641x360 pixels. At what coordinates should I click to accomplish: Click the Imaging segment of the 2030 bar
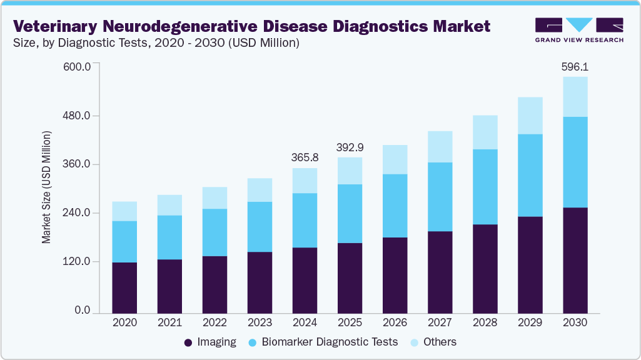(x=575, y=259)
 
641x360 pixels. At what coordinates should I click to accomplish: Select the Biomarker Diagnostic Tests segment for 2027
(x=440, y=197)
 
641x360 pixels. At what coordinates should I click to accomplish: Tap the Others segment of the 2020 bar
(x=124, y=211)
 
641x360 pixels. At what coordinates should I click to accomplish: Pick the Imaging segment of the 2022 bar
(x=215, y=284)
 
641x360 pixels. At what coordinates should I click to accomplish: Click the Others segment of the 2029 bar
(x=530, y=116)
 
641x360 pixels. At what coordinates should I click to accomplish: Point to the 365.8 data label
(x=305, y=157)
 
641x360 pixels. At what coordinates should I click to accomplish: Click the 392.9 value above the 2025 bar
(x=350, y=147)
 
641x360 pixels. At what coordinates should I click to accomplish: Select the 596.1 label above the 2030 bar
(x=575, y=66)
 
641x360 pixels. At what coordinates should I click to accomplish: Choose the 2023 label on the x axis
(x=260, y=323)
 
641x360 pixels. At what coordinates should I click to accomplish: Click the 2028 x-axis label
(x=485, y=323)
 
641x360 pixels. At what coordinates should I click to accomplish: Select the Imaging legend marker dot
(x=188, y=342)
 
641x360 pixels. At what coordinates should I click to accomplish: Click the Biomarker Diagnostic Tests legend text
(x=330, y=342)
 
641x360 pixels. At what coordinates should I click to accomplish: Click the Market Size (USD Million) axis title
(x=47, y=187)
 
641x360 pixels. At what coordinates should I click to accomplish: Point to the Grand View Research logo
(x=579, y=30)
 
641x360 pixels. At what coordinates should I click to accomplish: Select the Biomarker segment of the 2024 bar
(x=305, y=220)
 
